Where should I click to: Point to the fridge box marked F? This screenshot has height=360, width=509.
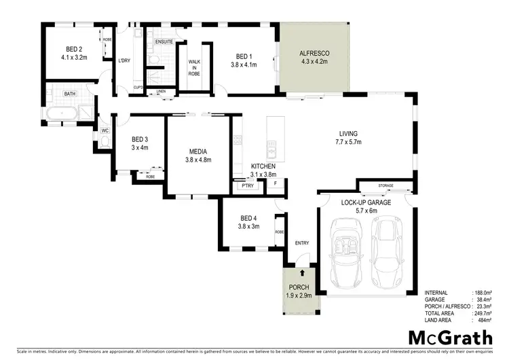[276, 183]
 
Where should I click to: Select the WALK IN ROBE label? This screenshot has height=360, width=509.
[194, 68]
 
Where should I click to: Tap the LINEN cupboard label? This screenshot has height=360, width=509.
[161, 90]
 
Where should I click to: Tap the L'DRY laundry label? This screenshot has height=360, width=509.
[124, 61]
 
